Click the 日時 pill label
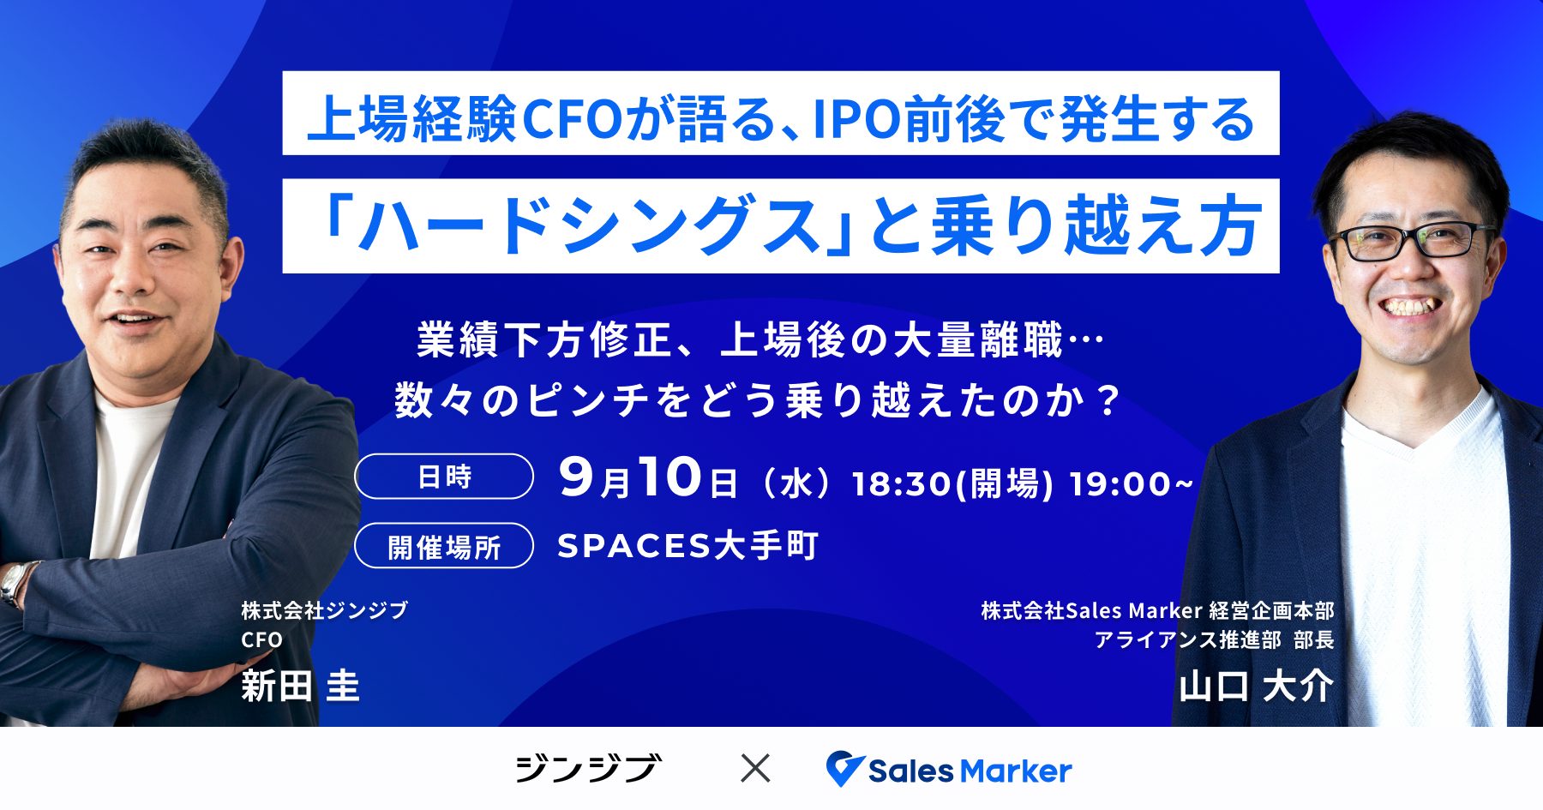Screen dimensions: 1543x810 pyautogui.click(x=444, y=477)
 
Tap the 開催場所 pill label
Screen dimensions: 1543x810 pyautogui.click(x=444, y=546)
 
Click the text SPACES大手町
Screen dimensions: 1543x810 pyautogui.click(x=687, y=546)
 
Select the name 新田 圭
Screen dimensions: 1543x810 pyautogui.click(x=300, y=686)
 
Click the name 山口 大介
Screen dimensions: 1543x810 pyautogui.click(x=1257, y=686)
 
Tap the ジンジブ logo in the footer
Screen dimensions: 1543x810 pyautogui.click(x=588, y=768)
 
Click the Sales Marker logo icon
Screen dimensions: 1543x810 pyautogui.click(x=844, y=769)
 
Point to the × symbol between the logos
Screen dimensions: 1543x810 pyautogui.click(x=755, y=768)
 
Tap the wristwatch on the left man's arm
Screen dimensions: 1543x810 pyautogui.click(x=15, y=584)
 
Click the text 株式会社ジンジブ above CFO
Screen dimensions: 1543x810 pyautogui.click(x=324, y=610)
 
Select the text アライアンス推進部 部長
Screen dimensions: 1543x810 pyautogui.click(x=1214, y=639)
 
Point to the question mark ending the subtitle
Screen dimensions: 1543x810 pyautogui.click(x=1109, y=400)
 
